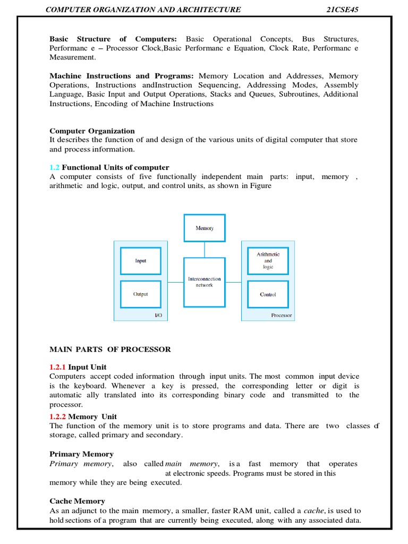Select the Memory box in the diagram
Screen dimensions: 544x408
[x=205, y=228]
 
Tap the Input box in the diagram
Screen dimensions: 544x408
[x=141, y=261]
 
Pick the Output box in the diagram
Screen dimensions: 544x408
[x=141, y=294]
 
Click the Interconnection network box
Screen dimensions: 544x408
[x=205, y=282]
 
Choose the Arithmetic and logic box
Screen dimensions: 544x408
[x=268, y=261]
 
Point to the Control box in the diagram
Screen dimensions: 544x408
[x=268, y=294]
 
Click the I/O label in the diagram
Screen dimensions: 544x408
[x=158, y=315]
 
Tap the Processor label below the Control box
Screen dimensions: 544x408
[x=282, y=315]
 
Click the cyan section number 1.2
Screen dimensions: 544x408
[x=55, y=167]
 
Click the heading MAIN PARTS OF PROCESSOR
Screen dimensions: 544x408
[x=110, y=349]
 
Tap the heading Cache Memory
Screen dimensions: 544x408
[x=77, y=501]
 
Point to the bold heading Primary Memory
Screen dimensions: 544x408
[x=81, y=454]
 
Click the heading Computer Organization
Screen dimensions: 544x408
[x=92, y=131]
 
